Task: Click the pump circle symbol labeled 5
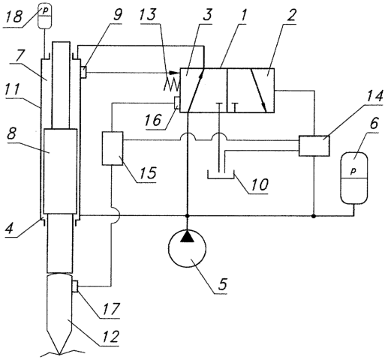coord(188,249)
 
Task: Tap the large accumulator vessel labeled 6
coord(353,178)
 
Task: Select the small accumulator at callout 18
coord(44,17)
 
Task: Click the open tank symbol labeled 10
coord(221,175)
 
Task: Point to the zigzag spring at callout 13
coord(172,83)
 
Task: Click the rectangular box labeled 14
coord(314,145)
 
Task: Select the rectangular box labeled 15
coord(113,148)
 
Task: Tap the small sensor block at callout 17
coord(75,286)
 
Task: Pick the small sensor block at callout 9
coord(83,72)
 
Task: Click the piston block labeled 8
coord(60,171)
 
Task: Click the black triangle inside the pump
coord(188,237)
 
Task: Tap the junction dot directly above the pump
coord(187,215)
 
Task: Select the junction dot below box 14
coord(314,215)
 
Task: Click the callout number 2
coord(290,15)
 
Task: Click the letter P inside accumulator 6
coord(353,171)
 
